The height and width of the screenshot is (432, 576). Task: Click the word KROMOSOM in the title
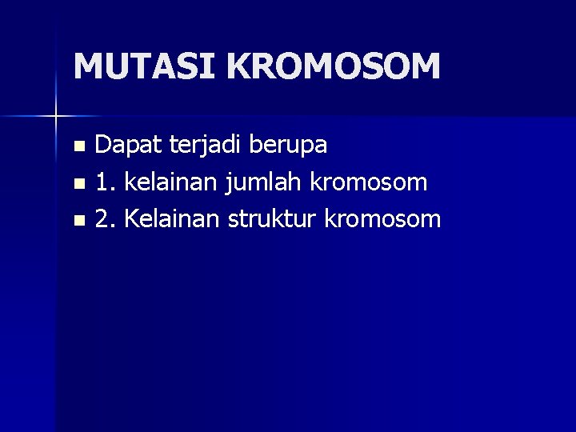[x=334, y=66]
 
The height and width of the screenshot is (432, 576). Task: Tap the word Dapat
[x=120, y=145]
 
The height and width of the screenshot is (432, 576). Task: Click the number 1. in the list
[x=104, y=182]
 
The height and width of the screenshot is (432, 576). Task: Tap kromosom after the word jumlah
[x=367, y=182]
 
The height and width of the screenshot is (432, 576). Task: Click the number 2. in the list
[x=105, y=218]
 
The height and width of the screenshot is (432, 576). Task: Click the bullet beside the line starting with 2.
[x=78, y=220]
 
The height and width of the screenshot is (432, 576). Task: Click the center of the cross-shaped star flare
[x=55, y=116]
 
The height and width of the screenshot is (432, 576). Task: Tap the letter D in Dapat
[x=103, y=145]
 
